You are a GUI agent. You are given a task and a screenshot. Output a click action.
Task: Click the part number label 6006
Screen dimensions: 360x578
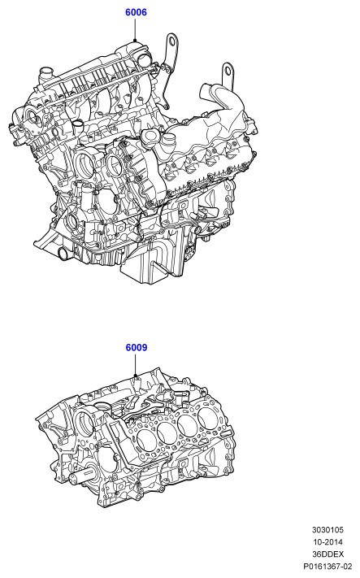tap(136, 12)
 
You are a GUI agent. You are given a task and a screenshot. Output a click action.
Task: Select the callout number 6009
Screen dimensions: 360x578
tap(136, 348)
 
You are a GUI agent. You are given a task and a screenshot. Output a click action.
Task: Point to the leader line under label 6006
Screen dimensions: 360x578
tap(135, 29)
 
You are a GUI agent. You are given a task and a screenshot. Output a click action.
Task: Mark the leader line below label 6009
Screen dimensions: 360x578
tap(135, 364)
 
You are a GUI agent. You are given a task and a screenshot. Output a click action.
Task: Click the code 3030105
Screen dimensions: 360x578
tap(327, 530)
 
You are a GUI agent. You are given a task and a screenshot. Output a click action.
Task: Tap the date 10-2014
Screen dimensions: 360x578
tap(327, 542)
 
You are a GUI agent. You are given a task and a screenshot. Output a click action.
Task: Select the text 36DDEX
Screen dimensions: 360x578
tap(327, 554)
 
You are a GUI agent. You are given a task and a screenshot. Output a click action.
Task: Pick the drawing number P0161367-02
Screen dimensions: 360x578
tap(327, 566)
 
